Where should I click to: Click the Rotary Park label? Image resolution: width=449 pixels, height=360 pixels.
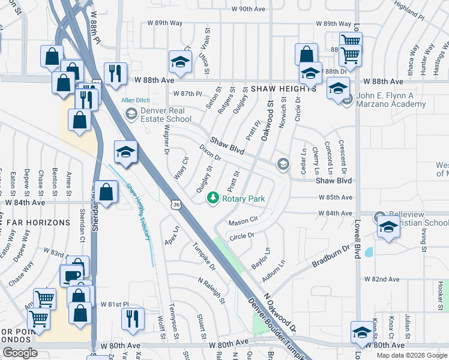pyautogui.click(x=244, y=199)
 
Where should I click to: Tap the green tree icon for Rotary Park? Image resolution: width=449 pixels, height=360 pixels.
pyautogui.click(x=212, y=197)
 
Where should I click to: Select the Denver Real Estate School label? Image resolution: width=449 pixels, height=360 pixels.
pyautogui.click(x=166, y=114)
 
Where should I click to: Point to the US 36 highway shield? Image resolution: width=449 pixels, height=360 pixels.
pyautogui.click(x=175, y=205)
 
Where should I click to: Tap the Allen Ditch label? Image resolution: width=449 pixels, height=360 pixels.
pyautogui.click(x=134, y=100)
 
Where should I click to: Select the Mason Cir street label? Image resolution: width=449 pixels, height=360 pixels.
pyautogui.click(x=243, y=221)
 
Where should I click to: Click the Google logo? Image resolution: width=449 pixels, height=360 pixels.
pyautogui.click(x=19, y=353)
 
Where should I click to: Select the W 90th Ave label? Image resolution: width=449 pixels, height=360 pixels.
pyautogui.click(x=248, y=10)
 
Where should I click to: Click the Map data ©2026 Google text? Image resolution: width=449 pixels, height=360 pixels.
pyautogui.click(x=411, y=355)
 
